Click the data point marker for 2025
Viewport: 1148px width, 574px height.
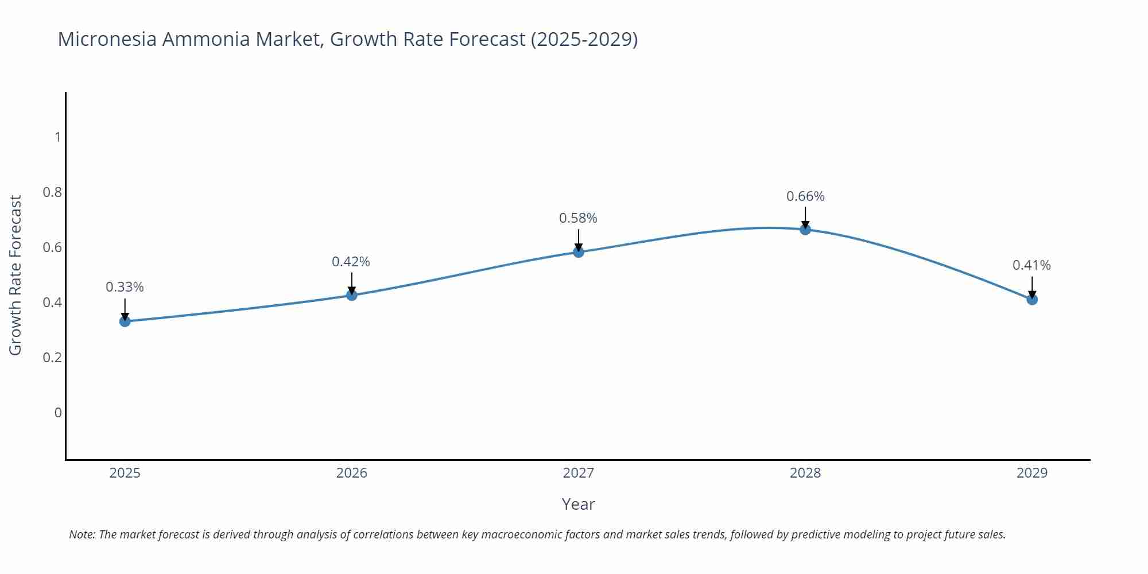(125, 321)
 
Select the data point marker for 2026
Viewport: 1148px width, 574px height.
(352, 295)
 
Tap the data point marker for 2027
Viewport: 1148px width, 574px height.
(579, 251)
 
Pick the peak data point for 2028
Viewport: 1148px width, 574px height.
(805, 230)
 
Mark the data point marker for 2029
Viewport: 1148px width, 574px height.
(1032, 299)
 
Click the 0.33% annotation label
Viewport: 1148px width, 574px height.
(125, 287)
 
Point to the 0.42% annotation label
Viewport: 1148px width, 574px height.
(351, 262)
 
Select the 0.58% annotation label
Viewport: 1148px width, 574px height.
(578, 218)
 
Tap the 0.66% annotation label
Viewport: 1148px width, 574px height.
(805, 196)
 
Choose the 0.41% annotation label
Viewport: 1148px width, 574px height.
(1031, 265)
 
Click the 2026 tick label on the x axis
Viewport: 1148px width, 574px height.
(352, 473)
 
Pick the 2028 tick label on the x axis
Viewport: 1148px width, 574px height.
(805, 473)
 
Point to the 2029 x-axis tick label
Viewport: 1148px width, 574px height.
(1032, 473)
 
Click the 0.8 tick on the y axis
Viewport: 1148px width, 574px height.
(52, 192)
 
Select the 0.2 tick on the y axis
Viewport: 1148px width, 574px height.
(52, 357)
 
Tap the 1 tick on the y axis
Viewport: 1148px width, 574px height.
(58, 137)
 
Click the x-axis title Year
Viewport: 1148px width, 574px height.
(578, 504)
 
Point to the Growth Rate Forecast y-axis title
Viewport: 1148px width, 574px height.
(15, 275)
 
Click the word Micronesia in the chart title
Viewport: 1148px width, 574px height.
(107, 39)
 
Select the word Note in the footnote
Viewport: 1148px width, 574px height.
(82, 534)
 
